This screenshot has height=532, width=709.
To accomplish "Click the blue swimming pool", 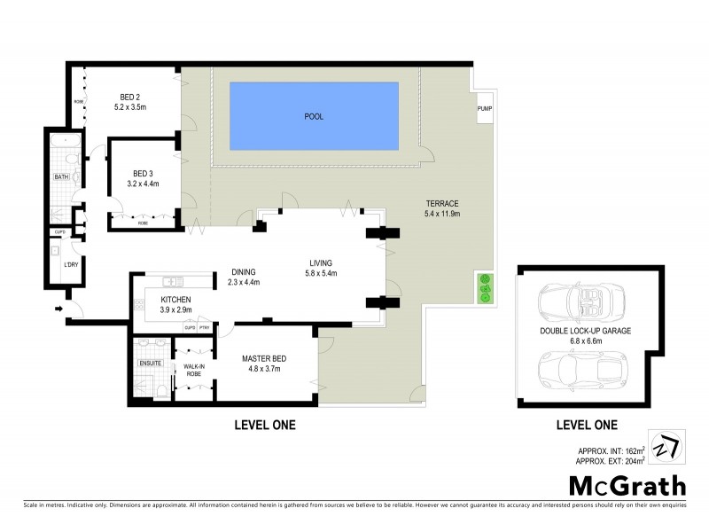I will click(313, 116).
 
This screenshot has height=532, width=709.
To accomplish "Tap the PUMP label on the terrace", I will click(485, 109).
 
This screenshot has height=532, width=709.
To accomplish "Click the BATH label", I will click(60, 176).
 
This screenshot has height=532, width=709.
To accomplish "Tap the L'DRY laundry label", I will click(68, 264).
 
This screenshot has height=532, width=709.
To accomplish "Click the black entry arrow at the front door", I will click(59, 309).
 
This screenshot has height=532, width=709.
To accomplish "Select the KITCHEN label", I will click(175, 299).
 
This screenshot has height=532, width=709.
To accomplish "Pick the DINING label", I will click(243, 272).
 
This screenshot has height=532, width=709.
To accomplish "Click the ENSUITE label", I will click(150, 363).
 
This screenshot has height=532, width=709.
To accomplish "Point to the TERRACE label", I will click(440, 203).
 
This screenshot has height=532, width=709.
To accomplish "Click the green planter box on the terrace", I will click(485, 289).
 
